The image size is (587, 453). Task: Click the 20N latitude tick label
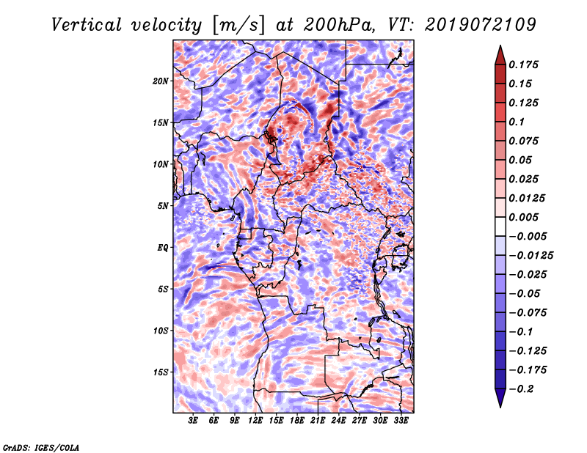[x=161, y=81]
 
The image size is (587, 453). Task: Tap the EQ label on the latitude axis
[x=163, y=248]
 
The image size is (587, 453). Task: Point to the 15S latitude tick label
[x=161, y=372]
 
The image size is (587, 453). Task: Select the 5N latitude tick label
[x=163, y=206]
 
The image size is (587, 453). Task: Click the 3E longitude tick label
[x=193, y=421]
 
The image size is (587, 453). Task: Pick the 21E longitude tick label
[x=318, y=421]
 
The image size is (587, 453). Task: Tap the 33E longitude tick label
[x=401, y=421]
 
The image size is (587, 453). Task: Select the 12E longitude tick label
[x=255, y=421]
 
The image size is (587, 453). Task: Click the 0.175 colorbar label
[x=523, y=65]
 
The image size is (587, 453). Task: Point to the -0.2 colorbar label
[x=521, y=389]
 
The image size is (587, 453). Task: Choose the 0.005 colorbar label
[x=523, y=217]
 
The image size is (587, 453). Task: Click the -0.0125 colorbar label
[x=531, y=256]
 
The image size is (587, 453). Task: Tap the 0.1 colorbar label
[x=517, y=122]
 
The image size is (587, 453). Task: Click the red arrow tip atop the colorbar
[x=500, y=46]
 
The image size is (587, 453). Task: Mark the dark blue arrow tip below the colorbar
[x=500, y=407]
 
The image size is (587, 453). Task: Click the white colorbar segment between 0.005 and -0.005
[x=500, y=226]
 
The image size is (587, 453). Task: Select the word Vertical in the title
[x=87, y=25]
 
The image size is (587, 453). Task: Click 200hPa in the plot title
[x=339, y=25]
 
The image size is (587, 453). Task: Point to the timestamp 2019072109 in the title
[x=481, y=25]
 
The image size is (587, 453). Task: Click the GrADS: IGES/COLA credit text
[x=41, y=448]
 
